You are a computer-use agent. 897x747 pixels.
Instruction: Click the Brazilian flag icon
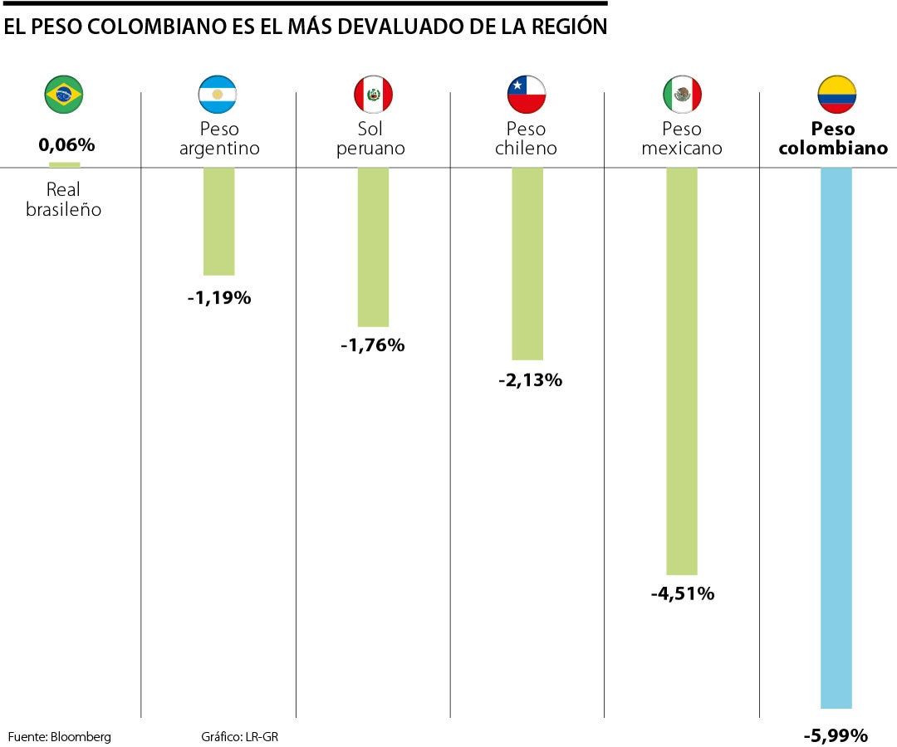click(x=63, y=95)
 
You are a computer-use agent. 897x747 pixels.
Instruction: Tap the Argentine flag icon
click(x=218, y=95)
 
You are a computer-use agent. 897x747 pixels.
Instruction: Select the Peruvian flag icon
click(x=373, y=95)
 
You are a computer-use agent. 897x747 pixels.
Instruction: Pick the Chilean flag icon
click(x=527, y=95)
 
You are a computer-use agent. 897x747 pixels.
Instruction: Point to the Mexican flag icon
click(x=682, y=95)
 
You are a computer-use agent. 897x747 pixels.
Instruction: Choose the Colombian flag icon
click(x=836, y=95)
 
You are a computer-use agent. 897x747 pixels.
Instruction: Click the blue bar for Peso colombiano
click(x=836, y=437)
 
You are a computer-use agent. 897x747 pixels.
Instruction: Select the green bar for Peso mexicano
click(x=682, y=371)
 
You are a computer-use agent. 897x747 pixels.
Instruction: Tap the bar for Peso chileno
click(x=527, y=264)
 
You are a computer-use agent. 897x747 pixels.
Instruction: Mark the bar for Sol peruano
click(x=373, y=247)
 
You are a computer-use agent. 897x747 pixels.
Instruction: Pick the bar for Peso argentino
click(x=219, y=221)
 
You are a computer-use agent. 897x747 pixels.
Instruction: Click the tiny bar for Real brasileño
click(x=65, y=164)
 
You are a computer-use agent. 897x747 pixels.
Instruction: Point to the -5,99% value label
click(x=836, y=735)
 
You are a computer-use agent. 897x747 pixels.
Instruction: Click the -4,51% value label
click(x=682, y=593)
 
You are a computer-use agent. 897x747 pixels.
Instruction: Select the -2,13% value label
click(x=530, y=380)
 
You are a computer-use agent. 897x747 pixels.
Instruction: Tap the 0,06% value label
click(x=66, y=144)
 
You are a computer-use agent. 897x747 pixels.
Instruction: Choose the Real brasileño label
click(x=63, y=200)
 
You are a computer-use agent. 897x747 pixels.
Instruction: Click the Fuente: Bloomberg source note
click(x=59, y=736)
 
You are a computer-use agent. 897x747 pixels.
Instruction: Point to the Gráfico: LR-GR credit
click(x=239, y=736)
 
